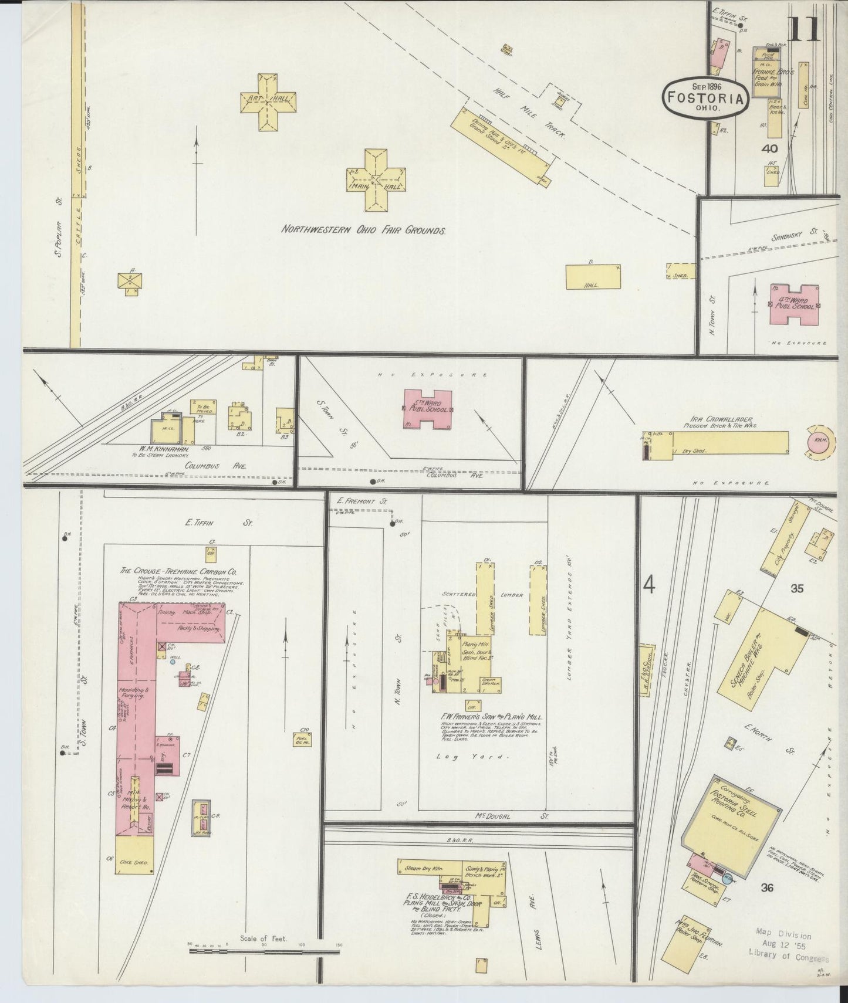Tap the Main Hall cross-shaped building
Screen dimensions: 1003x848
click(376, 179)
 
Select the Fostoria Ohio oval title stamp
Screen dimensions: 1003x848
click(707, 97)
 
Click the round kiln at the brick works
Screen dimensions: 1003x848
click(819, 440)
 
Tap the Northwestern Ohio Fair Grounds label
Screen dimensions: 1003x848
click(363, 231)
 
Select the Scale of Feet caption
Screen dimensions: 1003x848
click(263, 938)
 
